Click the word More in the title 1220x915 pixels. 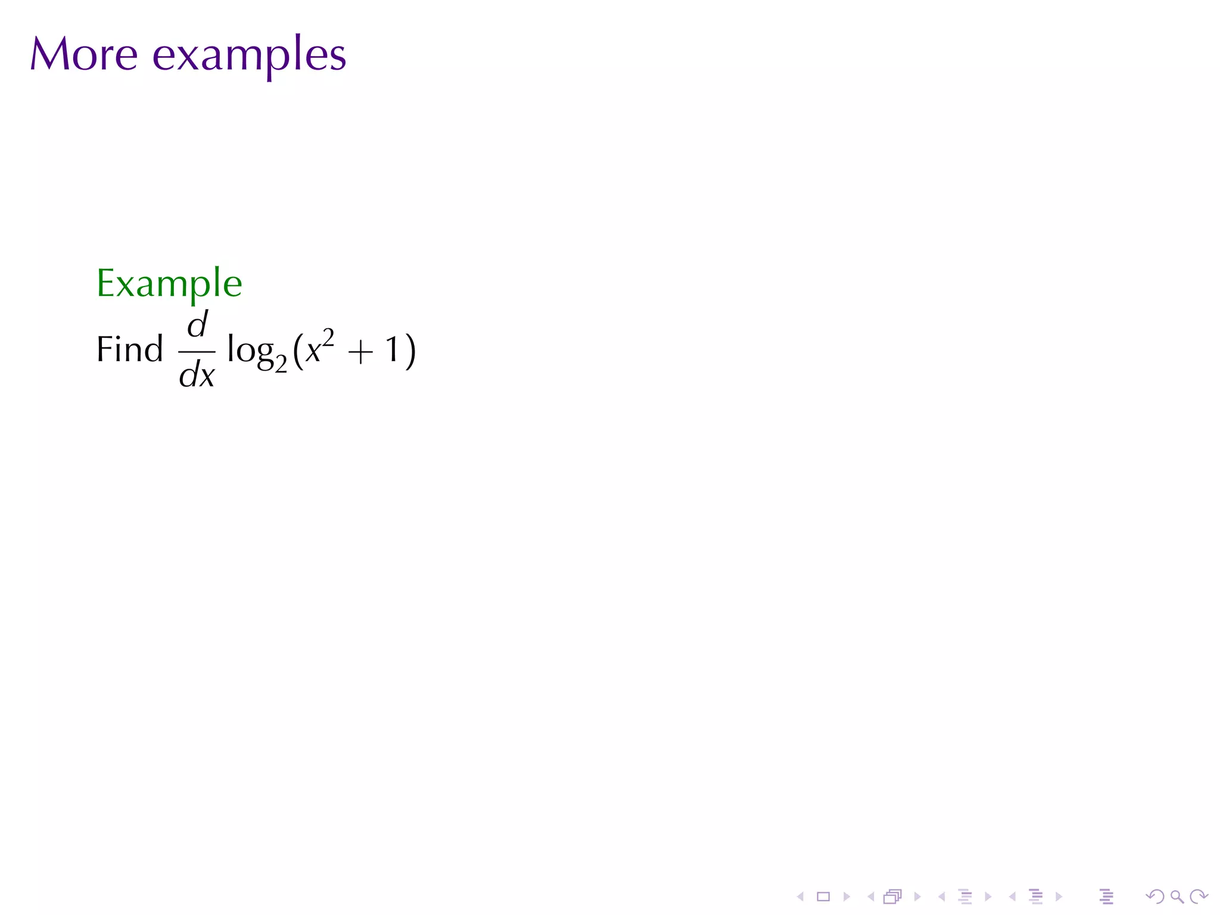(x=84, y=54)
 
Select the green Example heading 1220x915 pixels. (x=169, y=284)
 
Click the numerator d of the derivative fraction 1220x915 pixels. (x=198, y=325)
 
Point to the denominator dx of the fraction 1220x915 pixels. (x=197, y=375)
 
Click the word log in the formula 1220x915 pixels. (x=250, y=350)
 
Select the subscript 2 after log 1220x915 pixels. (x=281, y=363)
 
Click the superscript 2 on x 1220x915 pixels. (x=328, y=337)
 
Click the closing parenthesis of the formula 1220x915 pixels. (x=410, y=351)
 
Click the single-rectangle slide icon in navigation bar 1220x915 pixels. (x=823, y=897)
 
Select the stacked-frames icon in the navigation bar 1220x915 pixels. (x=892, y=897)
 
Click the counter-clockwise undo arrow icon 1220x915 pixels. (x=1154, y=897)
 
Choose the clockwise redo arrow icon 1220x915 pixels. (x=1199, y=897)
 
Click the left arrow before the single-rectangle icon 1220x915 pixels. (x=801, y=897)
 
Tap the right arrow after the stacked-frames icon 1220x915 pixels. (x=917, y=897)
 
